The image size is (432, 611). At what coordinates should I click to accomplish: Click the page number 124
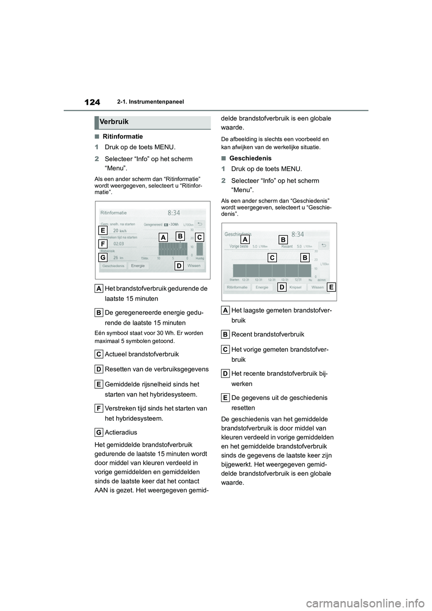[x=92, y=102]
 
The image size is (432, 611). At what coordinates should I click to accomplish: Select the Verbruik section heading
[x=114, y=122]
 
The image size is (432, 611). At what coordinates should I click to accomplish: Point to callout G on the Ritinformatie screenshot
[x=103, y=257]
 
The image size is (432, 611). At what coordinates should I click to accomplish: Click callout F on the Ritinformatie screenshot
[x=103, y=244]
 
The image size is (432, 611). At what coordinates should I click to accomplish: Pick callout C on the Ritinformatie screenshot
[x=199, y=237]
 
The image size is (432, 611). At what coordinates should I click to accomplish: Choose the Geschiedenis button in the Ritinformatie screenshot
[x=113, y=266]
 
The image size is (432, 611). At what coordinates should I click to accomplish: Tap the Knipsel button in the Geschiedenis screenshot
[x=295, y=287]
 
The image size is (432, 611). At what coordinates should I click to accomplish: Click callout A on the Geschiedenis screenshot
[x=245, y=239]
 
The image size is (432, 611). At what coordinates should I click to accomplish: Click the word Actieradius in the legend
[x=121, y=432]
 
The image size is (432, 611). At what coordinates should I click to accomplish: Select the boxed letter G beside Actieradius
[x=98, y=432]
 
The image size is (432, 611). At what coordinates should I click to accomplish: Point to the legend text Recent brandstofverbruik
[x=267, y=334]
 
